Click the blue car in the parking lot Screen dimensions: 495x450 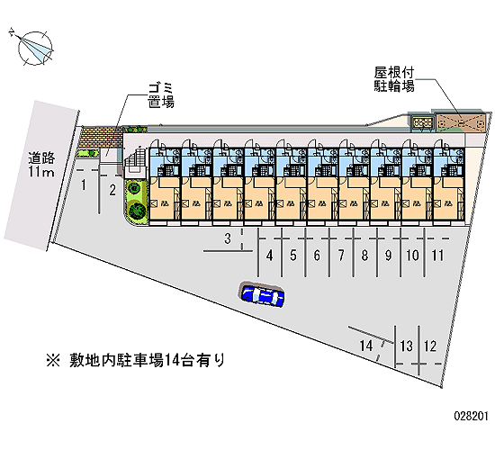coord(263,294)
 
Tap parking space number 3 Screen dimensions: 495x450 coord(228,238)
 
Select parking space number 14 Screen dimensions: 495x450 coord(366,346)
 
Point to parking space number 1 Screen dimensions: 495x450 coord(84,185)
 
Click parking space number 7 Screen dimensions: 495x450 coord(341,256)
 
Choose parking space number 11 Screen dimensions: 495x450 coord(437,256)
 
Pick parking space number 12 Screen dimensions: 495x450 coord(430,346)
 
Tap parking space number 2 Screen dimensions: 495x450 coord(112,191)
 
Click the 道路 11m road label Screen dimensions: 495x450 coord(41,164)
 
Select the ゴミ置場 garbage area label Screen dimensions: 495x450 coord(161,95)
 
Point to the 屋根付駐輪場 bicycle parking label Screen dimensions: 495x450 coord(394,79)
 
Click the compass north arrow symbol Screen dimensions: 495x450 coord(34,48)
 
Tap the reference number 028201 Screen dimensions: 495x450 coord(472,416)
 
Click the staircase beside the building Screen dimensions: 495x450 coord(135,163)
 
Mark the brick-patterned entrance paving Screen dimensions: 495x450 coord(101,137)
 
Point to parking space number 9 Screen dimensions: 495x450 coord(389,256)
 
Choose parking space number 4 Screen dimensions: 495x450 coord(269,256)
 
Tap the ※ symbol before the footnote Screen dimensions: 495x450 coord(53,361)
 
